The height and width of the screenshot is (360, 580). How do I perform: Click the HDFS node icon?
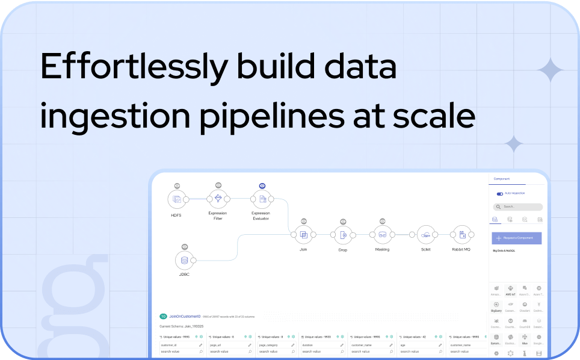(x=177, y=199)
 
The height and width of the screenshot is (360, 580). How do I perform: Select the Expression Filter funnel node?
(x=218, y=199)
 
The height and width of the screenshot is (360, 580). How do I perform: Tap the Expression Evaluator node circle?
(x=261, y=199)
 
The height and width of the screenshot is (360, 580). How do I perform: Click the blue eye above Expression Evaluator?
(x=262, y=186)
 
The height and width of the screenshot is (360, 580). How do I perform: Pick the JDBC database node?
(x=184, y=260)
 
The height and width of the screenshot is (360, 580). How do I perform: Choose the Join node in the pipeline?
(x=304, y=234)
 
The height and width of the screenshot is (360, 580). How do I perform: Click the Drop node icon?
(x=343, y=234)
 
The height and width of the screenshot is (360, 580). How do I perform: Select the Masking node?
(x=382, y=234)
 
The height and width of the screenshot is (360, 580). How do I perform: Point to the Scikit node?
(x=425, y=234)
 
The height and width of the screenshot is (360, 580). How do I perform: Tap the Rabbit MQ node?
(x=461, y=234)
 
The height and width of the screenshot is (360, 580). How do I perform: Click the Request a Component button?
(x=516, y=238)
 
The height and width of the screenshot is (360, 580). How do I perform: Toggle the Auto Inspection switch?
(x=499, y=194)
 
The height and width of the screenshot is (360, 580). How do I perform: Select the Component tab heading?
(x=502, y=179)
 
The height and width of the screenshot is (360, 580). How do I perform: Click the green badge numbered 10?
(x=163, y=316)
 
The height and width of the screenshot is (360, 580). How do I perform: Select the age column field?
(x=418, y=345)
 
